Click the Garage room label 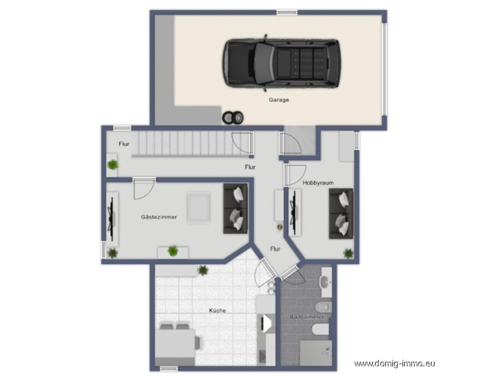pos(279,100)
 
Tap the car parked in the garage pos(281,63)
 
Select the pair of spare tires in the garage pos(233,118)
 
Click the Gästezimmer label pos(159,217)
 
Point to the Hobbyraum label pos(318,183)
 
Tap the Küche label pos(217,310)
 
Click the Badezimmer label pos(307,317)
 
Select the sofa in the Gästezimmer pos(235,208)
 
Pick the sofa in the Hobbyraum pos(341,213)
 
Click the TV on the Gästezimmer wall pos(112,219)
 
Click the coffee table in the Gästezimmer pos(198,207)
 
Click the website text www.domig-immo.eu pos(394,364)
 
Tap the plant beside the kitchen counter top pos(203,270)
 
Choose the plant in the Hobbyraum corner pos(348,253)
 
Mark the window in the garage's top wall pos(287,12)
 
